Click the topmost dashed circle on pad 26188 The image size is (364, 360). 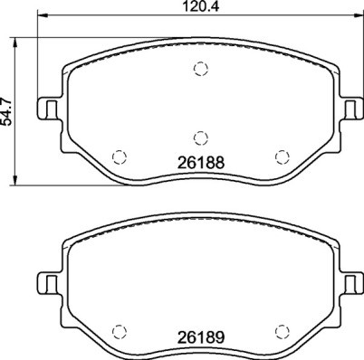[x=200, y=69]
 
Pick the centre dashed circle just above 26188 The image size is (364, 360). [x=200, y=138]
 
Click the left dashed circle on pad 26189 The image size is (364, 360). [x=117, y=330]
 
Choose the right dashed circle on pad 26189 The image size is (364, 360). [x=282, y=330]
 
